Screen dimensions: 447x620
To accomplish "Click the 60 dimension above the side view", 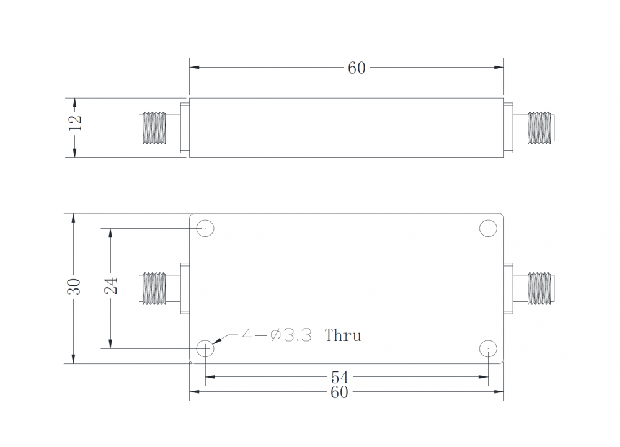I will click(356, 68).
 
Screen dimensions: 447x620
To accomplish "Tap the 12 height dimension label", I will click(75, 123).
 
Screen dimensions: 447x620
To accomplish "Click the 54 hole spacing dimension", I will click(339, 377).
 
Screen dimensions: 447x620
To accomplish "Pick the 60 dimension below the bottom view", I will click(339, 392).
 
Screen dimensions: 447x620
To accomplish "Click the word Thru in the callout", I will click(343, 336).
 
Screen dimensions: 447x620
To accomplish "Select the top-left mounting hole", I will click(205, 229).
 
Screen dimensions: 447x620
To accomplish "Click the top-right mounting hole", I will click(489, 229).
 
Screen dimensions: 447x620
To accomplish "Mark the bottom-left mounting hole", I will click(205, 349).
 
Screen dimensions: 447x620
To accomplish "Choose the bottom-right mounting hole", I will click(489, 349).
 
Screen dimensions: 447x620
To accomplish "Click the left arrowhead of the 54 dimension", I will click(210, 376).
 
